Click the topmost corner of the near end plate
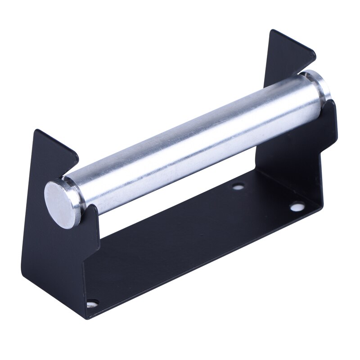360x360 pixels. [36, 130]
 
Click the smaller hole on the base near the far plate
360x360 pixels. [237, 185]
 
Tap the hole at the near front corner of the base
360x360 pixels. [94, 304]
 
